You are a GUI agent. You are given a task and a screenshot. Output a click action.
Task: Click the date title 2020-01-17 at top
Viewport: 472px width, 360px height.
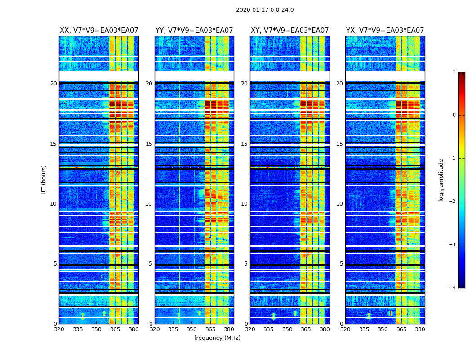pos(265,10)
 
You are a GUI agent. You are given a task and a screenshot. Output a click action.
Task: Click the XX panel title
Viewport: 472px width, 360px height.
pos(99,31)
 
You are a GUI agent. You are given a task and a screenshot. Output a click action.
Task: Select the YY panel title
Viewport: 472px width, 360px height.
pos(194,31)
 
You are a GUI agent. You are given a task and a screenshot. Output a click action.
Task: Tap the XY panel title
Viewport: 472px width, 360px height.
pos(290,31)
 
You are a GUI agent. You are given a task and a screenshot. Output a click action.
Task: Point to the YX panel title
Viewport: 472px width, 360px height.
pos(385,31)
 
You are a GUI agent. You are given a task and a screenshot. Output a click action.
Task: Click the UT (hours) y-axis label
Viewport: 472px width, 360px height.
pos(44,180)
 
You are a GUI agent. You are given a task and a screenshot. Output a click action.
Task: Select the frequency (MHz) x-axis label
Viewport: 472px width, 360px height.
pos(217,338)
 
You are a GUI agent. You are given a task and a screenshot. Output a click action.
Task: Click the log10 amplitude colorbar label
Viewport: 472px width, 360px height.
pos(441,180)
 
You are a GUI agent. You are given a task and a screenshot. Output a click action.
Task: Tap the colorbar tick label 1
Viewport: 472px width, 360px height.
pos(454,72)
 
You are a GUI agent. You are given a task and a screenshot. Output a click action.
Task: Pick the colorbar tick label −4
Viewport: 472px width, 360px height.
pos(453,288)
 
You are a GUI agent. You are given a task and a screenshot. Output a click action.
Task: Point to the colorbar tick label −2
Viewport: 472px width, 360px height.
pos(453,202)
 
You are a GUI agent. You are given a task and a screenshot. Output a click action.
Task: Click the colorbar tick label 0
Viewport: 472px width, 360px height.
pos(454,115)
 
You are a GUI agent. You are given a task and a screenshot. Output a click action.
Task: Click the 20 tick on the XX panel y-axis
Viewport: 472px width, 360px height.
pos(53,84)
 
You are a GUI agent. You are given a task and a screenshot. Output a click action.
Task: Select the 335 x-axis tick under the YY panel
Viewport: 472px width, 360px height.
pos(174,329)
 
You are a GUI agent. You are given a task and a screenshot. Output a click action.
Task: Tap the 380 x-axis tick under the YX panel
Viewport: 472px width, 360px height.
pos(420,329)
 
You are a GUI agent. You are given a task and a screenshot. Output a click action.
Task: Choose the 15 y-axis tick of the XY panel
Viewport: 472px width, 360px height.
pos(244,144)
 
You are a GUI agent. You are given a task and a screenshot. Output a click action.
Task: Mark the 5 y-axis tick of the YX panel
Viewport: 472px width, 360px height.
pos(341,264)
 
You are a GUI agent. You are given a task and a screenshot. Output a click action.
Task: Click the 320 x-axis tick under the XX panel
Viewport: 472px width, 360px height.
pos(59,329)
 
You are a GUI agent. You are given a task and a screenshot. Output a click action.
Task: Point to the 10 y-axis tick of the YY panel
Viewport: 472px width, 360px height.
pos(149,204)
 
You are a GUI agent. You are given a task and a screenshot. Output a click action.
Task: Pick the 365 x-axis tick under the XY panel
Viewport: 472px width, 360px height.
pos(306,329)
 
